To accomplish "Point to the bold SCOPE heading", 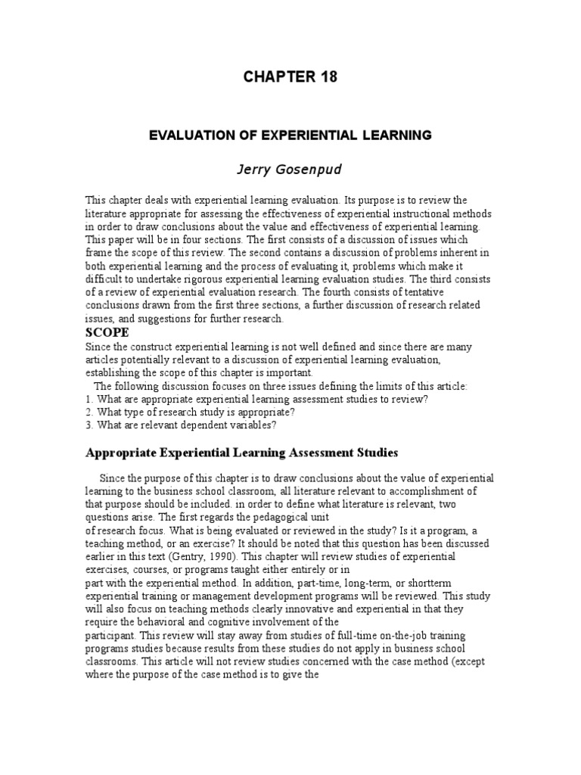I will [107, 333].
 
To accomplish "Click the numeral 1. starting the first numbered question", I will [89, 399].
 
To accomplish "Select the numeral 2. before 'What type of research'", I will [89, 412].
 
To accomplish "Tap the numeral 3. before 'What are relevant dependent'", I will [89, 425].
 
